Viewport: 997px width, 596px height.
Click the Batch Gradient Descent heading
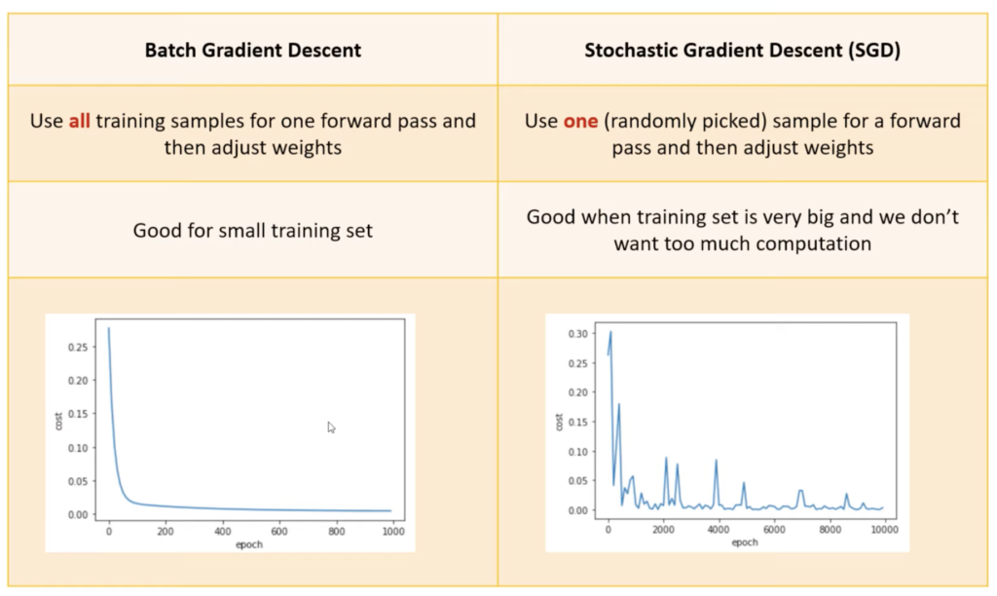tap(252, 51)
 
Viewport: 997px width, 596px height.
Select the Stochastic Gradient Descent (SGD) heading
tap(742, 51)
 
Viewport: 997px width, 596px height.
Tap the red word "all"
tap(80, 121)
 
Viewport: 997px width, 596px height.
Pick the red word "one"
tap(580, 121)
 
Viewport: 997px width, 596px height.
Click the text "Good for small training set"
tap(252, 230)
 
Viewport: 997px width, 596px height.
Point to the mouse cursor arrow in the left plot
tap(331, 428)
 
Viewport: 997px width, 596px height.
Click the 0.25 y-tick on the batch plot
tap(78, 348)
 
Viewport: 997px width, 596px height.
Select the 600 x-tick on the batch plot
tap(279, 531)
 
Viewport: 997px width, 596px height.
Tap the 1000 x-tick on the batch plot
tap(393, 531)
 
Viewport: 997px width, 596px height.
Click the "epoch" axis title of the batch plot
tap(248, 544)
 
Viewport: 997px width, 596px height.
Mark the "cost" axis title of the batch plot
tap(58, 421)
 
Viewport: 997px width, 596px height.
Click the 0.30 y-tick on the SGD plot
tap(578, 334)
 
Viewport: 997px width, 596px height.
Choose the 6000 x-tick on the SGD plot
tap(774, 529)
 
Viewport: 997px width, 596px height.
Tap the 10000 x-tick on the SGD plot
tap(884, 529)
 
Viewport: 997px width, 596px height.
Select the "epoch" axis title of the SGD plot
tap(745, 542)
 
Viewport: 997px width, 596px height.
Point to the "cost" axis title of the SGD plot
tap(559, 422)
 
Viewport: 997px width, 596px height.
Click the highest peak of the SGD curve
tap(611, 331)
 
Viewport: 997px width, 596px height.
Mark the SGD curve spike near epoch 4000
tap(716, 461)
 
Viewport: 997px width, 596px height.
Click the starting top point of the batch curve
tap(109, 328)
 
